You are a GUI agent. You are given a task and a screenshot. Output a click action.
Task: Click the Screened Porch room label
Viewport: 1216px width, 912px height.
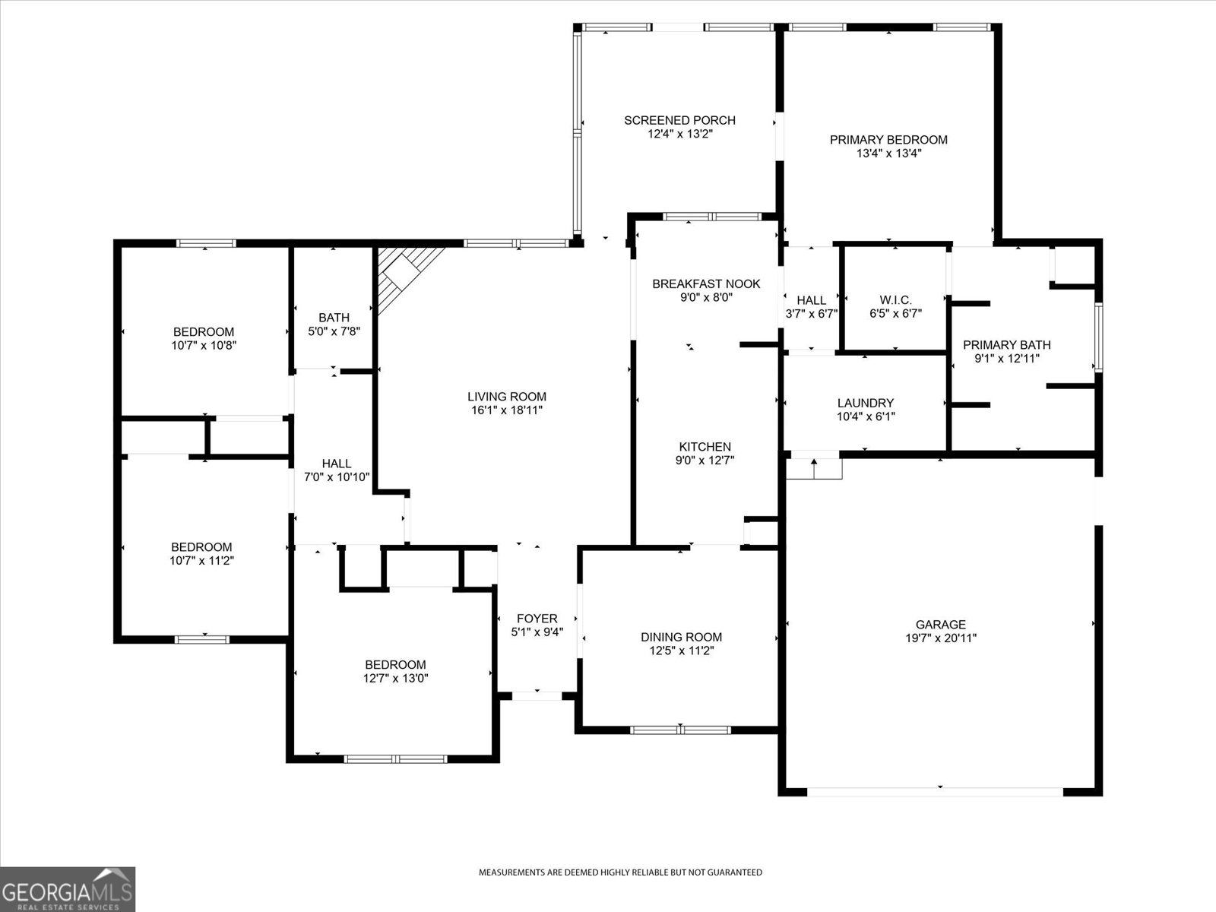click(x=679, y=120)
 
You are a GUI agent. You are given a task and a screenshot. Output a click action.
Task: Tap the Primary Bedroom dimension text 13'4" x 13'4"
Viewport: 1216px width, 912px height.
click(x=888, y=154)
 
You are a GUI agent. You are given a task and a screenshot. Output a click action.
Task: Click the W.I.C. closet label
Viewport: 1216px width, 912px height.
click(x=895, y=300)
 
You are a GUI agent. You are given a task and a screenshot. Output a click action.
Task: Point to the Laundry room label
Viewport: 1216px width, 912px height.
click(x=865, y=403)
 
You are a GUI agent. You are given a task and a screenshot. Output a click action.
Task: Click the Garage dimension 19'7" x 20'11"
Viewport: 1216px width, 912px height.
click(x=940, y=638)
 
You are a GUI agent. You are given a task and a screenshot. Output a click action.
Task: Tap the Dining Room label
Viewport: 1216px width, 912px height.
click(x=681, y=637)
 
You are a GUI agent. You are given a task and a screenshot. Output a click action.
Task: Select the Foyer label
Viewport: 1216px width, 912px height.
click(x=537, y=619)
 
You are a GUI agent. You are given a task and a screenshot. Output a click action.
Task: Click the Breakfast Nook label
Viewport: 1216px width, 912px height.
click(x=706, y=284)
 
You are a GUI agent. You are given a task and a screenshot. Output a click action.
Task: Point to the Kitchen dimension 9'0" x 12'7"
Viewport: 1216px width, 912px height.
click(x=705, y=460)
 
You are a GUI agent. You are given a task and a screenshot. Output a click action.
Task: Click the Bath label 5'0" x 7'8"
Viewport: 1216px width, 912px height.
click(x=334, y=318)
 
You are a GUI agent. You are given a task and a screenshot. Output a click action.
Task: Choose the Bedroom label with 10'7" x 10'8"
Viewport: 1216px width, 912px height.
click(x=204, y=332)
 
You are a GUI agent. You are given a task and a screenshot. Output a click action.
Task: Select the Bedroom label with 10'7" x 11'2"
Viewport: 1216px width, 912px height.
click(x=201, y=547)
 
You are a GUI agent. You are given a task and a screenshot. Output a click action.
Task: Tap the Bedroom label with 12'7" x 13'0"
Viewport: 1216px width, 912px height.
click(x=394, y=664)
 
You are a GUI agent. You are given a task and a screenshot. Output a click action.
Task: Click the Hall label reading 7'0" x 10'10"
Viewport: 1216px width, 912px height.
click(x=336, y=464)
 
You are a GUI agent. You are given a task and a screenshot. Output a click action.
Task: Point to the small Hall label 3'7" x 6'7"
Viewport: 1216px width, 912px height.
click(x=811, y=301)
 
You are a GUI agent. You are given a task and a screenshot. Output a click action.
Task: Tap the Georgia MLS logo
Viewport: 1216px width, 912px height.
click(x=68, y=889)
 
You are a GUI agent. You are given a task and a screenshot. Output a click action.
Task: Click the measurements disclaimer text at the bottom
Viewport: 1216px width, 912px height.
click(x=619, y=872)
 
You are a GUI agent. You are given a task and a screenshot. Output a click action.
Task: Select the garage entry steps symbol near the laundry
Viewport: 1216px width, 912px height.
click(x=814, y=465)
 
